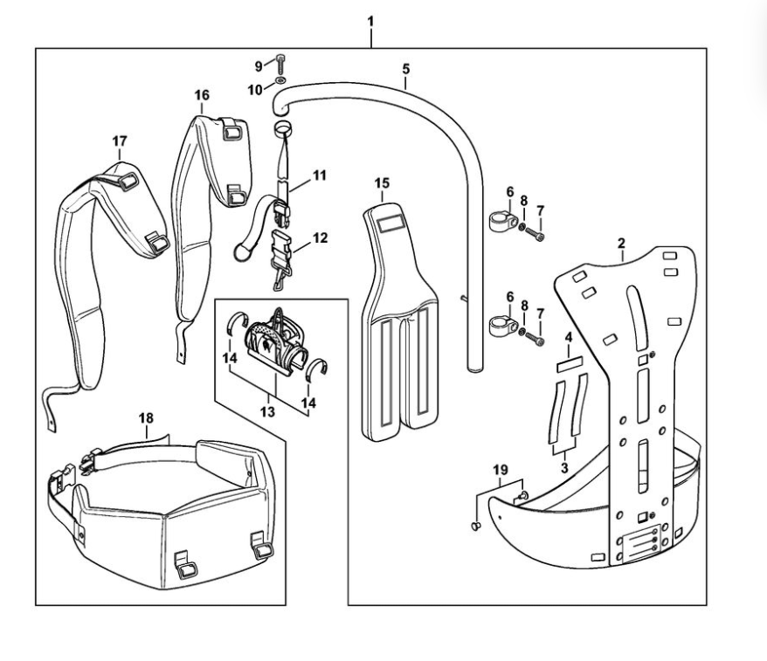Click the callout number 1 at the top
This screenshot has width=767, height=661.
[x=371, y=18]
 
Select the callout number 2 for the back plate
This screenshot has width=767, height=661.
[x=621, y=243]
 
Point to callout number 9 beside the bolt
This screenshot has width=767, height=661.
[x=258, y=65]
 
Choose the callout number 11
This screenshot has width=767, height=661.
[x=319, y=176]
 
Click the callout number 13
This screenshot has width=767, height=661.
[x=267, y=410]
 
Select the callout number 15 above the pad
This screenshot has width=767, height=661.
[x=382, y=183]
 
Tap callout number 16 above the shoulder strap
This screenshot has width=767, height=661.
[x=202, y=94]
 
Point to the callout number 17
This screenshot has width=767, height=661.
[x=120, y=141]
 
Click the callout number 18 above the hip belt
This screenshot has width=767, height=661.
[x=147, y=418]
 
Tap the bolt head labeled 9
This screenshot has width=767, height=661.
[x=280, y=61]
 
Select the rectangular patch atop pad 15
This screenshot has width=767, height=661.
[x=391, y=223]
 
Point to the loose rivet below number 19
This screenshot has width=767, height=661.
[x=475, y=526]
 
